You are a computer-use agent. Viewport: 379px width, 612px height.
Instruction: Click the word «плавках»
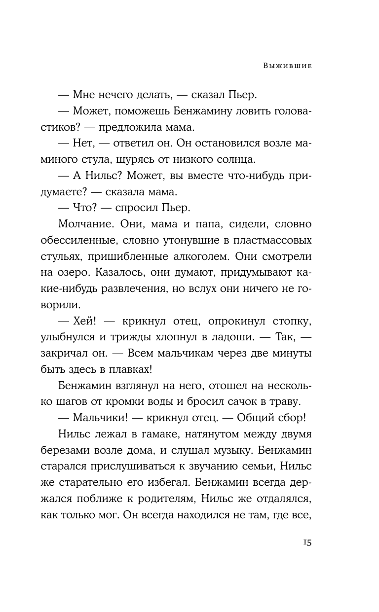click(x=173, y=370)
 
